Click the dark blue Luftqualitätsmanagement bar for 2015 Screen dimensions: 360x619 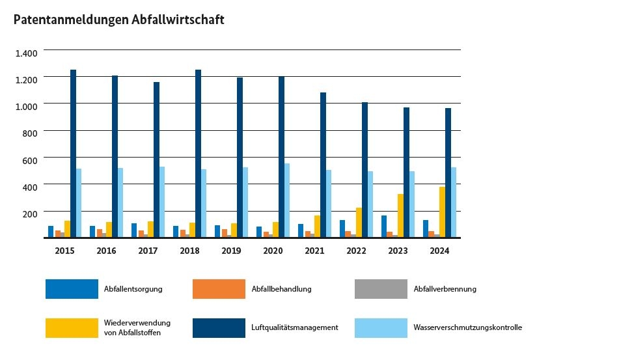(74, 153)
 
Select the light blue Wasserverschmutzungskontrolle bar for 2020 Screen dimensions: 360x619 (287, 201)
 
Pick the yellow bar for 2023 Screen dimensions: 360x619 (401, 215)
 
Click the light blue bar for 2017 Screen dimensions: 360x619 (162, 202)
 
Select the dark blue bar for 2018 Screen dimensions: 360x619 (198, 153)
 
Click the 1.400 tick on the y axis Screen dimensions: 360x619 (31, 51)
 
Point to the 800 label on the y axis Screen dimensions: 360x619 (33, 132)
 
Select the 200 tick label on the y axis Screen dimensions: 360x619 (33, 213)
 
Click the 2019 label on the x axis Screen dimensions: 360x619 (231, 250)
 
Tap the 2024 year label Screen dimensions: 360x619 (439, 250)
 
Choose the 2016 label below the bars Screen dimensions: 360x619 (106, 250)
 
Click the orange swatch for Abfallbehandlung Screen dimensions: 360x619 (219, 289)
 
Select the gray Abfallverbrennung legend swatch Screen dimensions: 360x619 (381, 289)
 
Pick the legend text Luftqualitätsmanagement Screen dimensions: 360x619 (294, 327)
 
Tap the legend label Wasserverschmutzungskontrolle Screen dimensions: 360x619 (467, 327)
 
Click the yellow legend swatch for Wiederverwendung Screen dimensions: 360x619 (72, 327)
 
